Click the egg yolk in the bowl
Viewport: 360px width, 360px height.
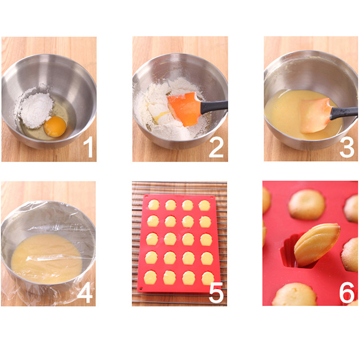click(55, 126)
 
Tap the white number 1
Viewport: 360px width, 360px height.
click(88, 147)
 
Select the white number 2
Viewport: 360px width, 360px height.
click(216, 147)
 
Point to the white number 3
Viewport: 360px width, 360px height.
click(347, 147)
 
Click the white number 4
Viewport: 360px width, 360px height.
click(85, 292)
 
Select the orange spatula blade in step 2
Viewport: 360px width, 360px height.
click(184, 109)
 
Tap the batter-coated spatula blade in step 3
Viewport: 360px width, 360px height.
click(315, 115)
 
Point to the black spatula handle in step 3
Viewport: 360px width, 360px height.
click(344, 113)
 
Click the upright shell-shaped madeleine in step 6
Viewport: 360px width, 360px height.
click(317, 245)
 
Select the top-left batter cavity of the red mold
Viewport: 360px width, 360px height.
click(153, 205)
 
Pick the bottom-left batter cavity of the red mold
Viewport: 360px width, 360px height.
click(150, 277)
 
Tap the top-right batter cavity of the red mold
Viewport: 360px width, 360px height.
click(204, 206)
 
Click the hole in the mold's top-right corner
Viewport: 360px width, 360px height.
click(211, 197)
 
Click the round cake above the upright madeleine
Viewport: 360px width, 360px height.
click(307, 205)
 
